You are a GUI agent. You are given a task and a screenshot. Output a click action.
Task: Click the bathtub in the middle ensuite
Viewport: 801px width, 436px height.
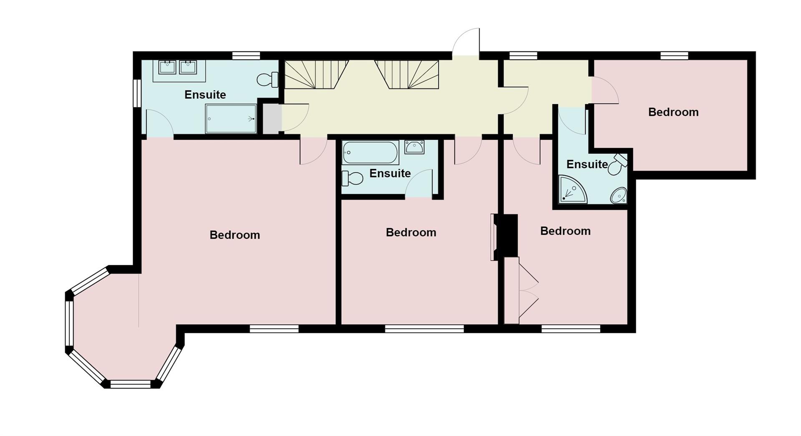(370, 153)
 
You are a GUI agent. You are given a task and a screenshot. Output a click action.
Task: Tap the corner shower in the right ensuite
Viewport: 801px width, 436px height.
(571, 191)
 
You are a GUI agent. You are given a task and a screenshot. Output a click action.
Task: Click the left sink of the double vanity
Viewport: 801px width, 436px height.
(167, 67)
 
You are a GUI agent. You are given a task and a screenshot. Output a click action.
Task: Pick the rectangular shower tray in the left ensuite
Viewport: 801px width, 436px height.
(231, 119)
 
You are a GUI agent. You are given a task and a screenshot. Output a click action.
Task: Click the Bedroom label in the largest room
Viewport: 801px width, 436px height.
(234, 235)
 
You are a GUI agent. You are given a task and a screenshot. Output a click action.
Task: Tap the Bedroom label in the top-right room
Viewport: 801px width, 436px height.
(673, 112)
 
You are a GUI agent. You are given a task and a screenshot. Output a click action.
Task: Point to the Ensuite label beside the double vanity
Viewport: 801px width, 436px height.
(205, 95)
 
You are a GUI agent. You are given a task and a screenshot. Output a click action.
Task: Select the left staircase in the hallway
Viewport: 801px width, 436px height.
(316, 74)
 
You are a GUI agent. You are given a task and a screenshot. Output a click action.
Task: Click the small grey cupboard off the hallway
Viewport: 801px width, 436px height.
(271, 119)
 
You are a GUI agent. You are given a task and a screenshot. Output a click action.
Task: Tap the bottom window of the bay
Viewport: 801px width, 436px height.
(130, 384)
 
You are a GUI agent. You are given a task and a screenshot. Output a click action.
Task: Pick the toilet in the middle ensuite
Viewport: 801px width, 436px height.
(352, 179)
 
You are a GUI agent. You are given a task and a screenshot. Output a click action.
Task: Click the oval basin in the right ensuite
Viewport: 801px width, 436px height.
(619, 195)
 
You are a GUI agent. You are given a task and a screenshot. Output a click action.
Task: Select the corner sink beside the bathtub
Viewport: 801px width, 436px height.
(414, 147)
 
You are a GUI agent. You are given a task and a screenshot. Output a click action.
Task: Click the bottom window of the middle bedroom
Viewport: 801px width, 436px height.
(424, 329)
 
